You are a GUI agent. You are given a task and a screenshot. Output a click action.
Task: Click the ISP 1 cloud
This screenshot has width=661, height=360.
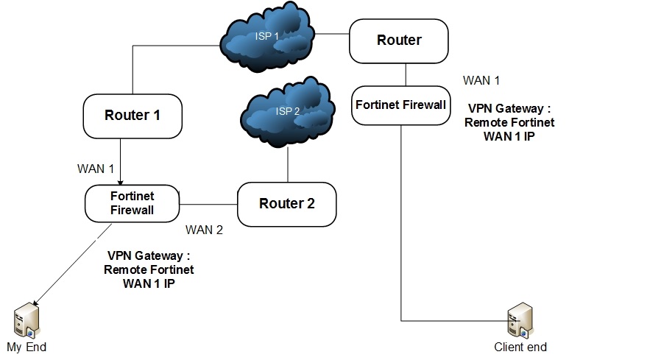click(266, 43)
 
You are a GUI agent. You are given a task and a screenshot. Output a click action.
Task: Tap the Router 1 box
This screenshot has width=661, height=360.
click(132, 116)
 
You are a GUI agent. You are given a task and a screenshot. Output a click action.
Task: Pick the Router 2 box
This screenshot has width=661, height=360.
click(287, 204)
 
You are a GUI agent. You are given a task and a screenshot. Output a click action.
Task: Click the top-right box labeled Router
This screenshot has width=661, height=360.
click(399, 40)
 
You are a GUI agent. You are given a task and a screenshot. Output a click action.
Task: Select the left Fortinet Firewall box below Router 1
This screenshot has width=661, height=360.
click(132, 204)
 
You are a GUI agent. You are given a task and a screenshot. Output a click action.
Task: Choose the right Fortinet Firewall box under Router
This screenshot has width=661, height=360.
click(401, 105)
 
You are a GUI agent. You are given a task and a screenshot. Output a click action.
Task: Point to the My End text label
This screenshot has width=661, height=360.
click(26, 347)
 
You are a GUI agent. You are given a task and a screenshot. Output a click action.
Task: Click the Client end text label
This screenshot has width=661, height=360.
click(520, 347)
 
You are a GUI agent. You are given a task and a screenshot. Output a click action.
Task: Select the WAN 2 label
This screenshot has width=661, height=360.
click(204, 230)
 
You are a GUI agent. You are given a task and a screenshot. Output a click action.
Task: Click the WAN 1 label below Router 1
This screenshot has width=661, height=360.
click(96, 169)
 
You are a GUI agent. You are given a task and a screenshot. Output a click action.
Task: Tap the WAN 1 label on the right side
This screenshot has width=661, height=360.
click(481, 80)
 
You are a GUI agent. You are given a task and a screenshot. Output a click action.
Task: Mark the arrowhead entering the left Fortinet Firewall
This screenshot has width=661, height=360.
click(121, 181)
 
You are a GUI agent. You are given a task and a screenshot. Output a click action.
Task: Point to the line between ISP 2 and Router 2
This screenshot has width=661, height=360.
click(287, 163)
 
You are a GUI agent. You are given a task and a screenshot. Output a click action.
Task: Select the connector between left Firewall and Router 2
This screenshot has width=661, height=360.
click(208, 204)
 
